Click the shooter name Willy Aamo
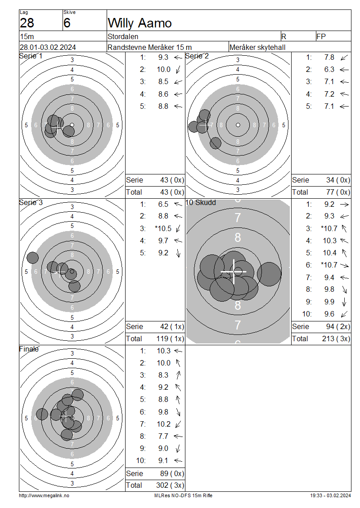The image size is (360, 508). click(x=140, y=23)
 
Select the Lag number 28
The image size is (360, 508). click(x=27, y=23)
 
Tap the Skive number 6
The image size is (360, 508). click(x=67, y=23)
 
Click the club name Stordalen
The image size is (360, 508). click(x=123, y=36)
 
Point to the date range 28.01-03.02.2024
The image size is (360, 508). click(x=48, y=47)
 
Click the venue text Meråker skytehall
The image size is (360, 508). click(x=257, y=47)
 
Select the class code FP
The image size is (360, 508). click(x=321, y=36)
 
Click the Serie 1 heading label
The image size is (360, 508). click(x=31, y=56)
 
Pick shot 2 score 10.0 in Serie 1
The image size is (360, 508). click(x=163, y=69)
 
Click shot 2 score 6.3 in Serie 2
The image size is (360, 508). click(x=329, y=69)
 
